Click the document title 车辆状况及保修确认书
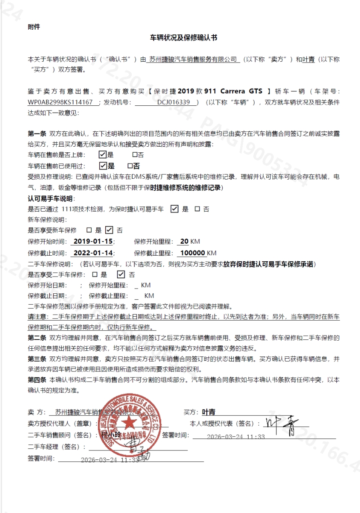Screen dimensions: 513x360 tap(183, 38)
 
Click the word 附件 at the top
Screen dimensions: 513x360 tap(34, 27)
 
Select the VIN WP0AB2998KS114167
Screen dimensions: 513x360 tap(60, 102)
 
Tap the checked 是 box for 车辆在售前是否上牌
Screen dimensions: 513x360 tap(103, 155)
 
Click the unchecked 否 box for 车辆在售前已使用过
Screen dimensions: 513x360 tap(130, 166)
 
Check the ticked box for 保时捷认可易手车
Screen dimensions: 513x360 tap(174, 208)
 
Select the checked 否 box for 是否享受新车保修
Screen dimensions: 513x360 tap(109, 230)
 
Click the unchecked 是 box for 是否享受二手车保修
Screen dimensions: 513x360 tap(95, 275)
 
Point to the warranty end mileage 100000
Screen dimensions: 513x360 tap(193, 253)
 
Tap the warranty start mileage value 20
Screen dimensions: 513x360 tap(184, 242)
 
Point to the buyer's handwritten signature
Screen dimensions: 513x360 tap(281, 425)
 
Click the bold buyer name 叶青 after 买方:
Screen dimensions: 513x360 tap(209, 412)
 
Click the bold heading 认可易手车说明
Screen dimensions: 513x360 tap(51, 198)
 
